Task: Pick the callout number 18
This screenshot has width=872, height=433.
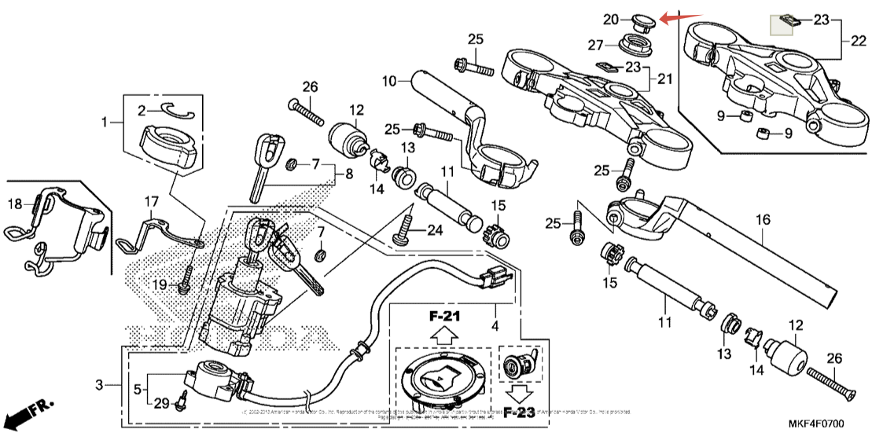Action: tap(15, 204)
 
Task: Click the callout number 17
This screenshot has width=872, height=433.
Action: tap(151, 202)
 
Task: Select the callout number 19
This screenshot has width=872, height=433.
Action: tap(160, 284)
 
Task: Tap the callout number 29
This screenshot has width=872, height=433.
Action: tap(161, 403)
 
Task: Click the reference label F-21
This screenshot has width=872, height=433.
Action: tap(443, 317)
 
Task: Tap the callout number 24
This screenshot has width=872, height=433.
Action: tap(434, 230)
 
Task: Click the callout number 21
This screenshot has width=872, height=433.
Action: tap(665, 79)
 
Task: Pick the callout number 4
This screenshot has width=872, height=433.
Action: tap(495, 325)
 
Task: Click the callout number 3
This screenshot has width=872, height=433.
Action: tap(99, 385)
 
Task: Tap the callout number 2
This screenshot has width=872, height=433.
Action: tap(142, 109)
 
